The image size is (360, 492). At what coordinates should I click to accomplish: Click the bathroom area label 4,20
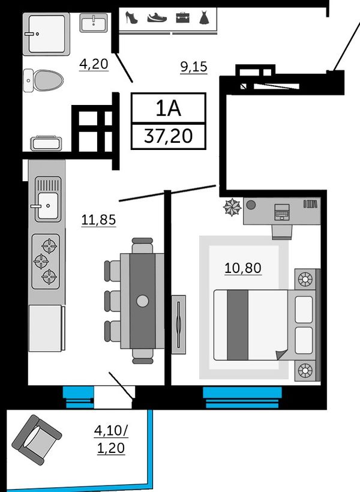coord(94,64)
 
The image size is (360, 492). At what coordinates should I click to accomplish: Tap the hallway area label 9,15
coord(194,67)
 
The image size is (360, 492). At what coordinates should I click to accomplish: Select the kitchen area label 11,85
coord(98,220)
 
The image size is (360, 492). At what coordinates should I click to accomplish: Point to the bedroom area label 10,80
coord(243,268)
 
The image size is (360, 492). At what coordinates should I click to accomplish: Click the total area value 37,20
coord(168,136)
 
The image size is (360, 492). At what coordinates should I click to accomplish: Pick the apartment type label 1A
coord(169,109)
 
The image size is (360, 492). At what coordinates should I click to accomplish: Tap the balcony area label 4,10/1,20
coord(111,439)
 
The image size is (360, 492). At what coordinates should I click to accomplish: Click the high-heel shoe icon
coord(131,17)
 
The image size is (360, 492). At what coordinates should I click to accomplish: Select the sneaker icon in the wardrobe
coord(157,17)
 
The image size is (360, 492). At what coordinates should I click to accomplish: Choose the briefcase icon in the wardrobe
coord(182,17)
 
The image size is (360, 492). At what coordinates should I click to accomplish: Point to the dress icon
coord(204,17)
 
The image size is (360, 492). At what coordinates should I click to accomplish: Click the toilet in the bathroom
coord(43,80)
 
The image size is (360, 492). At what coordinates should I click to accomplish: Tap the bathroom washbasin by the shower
coord(94,23)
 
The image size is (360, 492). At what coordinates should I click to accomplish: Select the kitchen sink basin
coord(48,206)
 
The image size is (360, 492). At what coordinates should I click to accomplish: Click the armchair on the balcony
coord(37,440)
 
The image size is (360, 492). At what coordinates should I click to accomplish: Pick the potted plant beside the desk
coord(232,208)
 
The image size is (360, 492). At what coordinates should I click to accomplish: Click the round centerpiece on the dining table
coord(142,301)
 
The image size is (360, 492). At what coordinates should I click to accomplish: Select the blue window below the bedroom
coord(242,397)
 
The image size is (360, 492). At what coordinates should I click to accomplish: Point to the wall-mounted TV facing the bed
coord(179,325)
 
